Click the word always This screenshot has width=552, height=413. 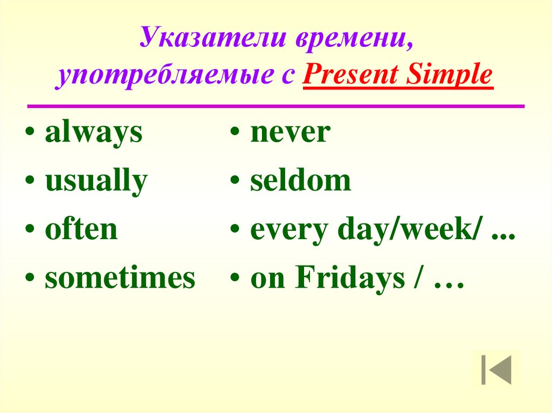(93, 134)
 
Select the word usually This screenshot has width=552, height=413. (95, 182)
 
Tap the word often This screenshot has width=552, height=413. (81, 229)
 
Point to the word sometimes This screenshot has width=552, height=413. (120, 278)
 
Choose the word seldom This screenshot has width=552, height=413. (300, 181)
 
